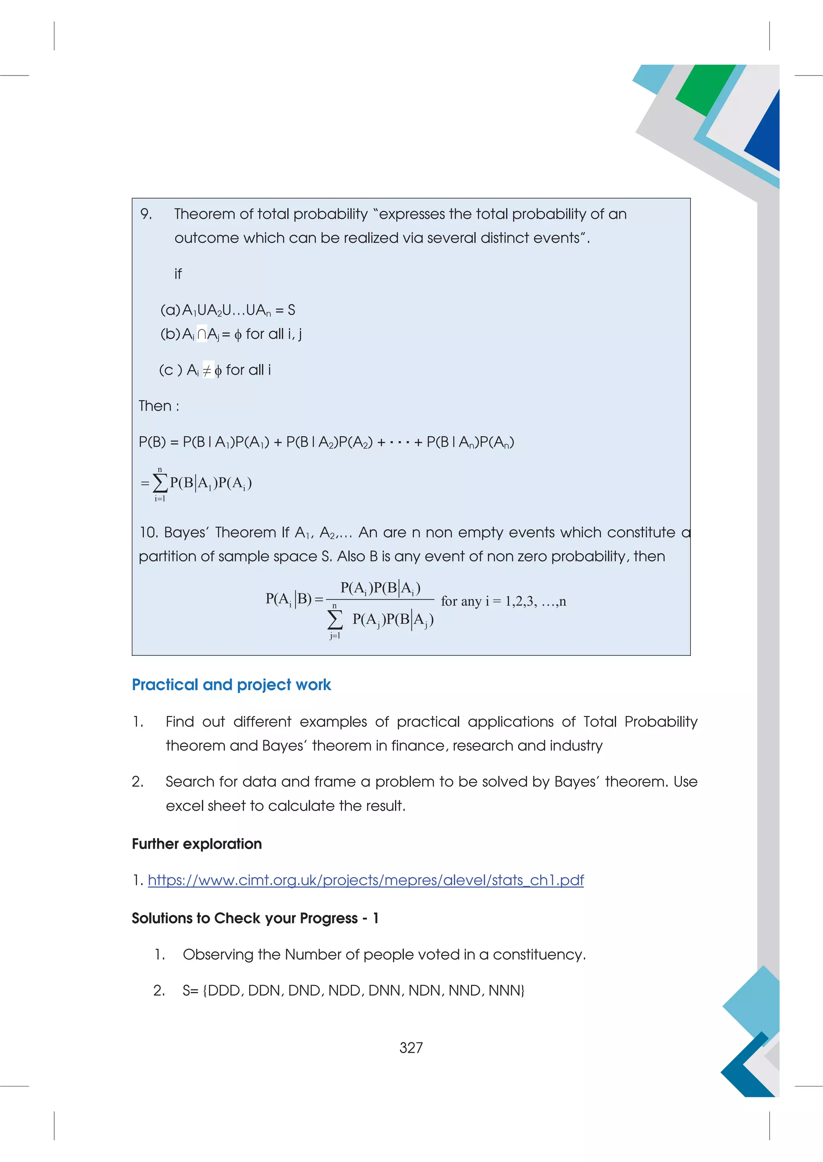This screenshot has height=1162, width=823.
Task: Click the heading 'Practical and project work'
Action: coord(231,685)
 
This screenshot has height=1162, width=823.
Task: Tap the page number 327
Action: coord(411,1047)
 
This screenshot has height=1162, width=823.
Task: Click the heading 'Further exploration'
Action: coord(197,844)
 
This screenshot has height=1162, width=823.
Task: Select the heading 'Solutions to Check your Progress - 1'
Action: coord(255,918)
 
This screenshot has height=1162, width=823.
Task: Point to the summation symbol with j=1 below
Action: coord(334,619)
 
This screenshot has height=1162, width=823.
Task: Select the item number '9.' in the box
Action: coord(146,215)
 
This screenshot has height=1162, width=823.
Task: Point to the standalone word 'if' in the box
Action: coord(178,274)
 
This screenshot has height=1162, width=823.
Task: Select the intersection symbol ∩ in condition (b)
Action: coord(202,334)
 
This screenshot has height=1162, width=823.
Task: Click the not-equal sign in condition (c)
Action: coord(207,370)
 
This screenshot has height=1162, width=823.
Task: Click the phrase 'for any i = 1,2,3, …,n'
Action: coord(503,601)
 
